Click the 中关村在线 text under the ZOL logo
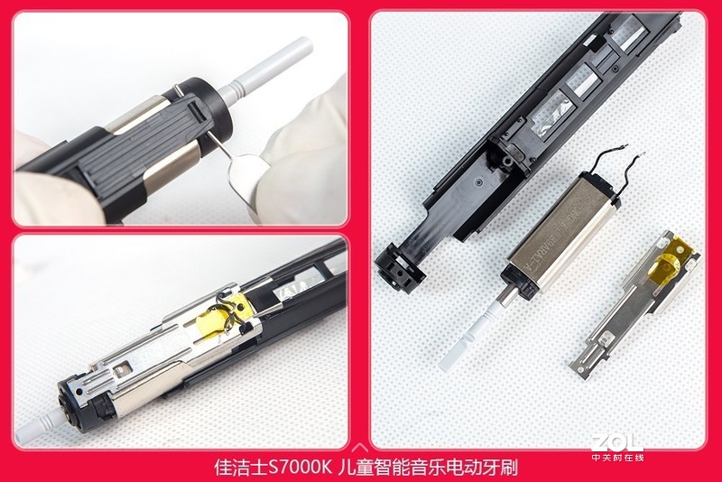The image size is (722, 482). point(617,457)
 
